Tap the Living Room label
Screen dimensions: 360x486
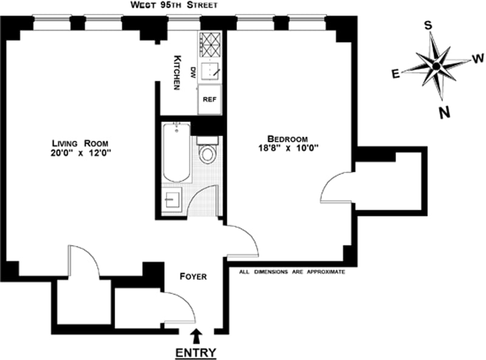[x=81, y=143]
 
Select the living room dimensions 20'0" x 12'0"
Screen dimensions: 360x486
[x=81, y=154]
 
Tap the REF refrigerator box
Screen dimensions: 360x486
[x=210, y=99]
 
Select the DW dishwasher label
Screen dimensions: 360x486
[x=193, y=71]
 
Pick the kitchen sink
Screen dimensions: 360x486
[x=211, y=71]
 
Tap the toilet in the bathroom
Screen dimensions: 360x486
[x=208, y=152]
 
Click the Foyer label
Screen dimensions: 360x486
[x=193, y=277]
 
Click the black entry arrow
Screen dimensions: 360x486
[x=196, y=335]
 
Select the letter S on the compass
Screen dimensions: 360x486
[x=428, y=25]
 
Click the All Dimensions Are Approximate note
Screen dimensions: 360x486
[x=292, y=272]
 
